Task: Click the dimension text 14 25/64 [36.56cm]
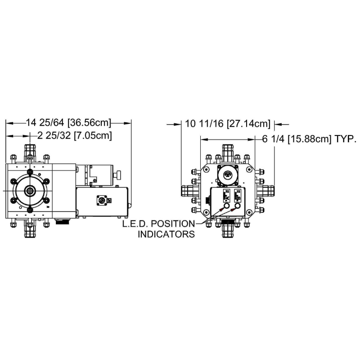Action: [x=68, y=122]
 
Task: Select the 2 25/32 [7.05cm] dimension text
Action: [x=75, y=136]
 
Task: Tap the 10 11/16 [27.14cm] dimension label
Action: [x=228, y=124]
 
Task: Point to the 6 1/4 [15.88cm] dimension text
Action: [x=297, y=139]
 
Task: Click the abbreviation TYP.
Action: [x=345, y=139]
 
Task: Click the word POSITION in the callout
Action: [x=173, y=224]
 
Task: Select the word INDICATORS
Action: [x=166, y=234]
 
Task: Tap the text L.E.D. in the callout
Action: [x=135, y=224]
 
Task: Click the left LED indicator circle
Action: [x=227, y=206]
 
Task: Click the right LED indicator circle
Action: [x=238, y=206]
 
